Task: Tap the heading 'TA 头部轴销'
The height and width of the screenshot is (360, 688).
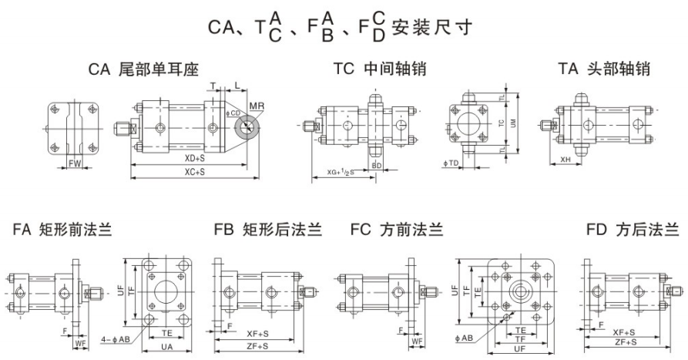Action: [x=604, y=69]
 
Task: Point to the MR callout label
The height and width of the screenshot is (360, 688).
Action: [x=256, y=105]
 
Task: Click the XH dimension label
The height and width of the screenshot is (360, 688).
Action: [x=566, y=160]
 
